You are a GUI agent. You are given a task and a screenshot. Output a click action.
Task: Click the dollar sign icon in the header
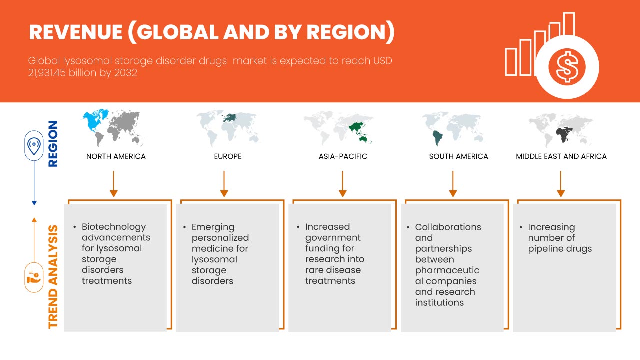click(566, 66)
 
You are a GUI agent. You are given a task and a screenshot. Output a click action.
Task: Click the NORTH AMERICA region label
click(116, 156)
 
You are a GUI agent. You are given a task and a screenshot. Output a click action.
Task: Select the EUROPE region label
click(227, 156)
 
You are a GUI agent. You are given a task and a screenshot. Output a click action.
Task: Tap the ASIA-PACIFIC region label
click(343, 156)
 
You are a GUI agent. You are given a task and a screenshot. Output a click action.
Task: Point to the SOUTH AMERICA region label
click(458, 156)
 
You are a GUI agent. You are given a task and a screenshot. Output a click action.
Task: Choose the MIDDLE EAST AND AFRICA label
click(561, 156)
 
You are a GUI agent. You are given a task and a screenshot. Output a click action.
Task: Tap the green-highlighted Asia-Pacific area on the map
click(358, 128)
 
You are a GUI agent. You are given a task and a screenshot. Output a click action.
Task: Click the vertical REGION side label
click(52, 143)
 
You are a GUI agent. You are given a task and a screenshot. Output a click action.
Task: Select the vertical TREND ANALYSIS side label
click(53, 276)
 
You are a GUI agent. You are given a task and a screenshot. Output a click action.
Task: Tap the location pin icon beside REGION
click(34, 146)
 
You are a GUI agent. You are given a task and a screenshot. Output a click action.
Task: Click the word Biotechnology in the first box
click(114, 227)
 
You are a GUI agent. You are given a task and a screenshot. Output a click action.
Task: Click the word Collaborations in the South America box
click(448, 227)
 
